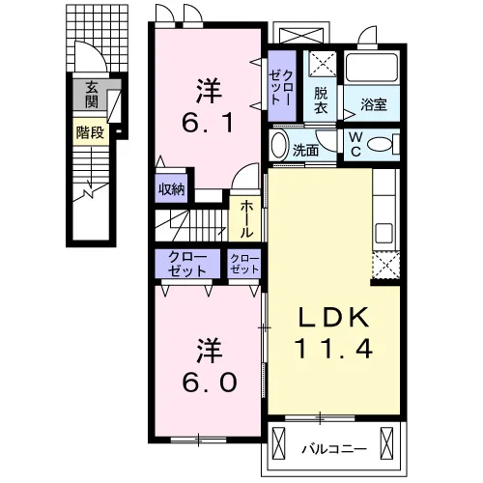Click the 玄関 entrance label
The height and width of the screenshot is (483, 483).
(x=92, y=95)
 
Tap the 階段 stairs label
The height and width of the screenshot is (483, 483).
(x=91, y=132)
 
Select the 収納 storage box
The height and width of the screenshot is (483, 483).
(x=171, y=189)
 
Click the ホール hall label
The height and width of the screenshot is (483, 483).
(x=246, y=218)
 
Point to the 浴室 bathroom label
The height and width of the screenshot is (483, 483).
(x=374, y=104)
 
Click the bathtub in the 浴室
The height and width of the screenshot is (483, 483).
(x=372, y=68)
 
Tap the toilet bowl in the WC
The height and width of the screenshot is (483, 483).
(x=381, y=144)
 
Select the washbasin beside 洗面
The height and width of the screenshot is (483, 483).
(x=279, y=145)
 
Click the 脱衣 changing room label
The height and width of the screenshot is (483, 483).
(x=321, y=100)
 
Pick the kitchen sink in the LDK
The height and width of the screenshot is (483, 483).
(x=384, y=233)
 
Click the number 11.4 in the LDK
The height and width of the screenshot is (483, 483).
(x=333, y=349)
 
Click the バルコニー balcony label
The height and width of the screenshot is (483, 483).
(x=334, y=448)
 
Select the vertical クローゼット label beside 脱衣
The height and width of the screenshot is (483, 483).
(x=281, y=88)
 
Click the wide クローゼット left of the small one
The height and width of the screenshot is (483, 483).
(x=187, y=264)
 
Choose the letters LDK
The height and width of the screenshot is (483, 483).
(x=333, y=318)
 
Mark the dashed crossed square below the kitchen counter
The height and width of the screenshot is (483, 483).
(x=385, y=265)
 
